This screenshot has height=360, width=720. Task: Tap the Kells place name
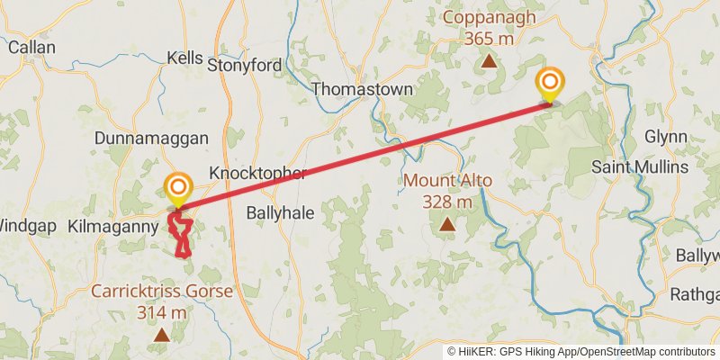tap(186, 58)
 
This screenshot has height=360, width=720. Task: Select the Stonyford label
tap(244, 65)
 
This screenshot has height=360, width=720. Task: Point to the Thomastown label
tap(362, 89)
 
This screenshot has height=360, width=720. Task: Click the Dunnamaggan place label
tap(152, 139)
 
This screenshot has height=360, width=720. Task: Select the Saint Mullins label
tap(640, 167)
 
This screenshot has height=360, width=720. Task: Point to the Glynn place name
tap(666, 137)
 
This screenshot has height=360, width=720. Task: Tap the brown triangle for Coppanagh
tap(489, 61)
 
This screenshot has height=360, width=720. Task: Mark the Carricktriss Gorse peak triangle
tap(161, 335)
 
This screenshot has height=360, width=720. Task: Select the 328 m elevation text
tap(447, 201)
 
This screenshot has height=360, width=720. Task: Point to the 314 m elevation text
tap(162, 312)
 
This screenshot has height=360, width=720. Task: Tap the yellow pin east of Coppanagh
tap(549, 85)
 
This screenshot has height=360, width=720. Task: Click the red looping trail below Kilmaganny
tap(183, 238)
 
